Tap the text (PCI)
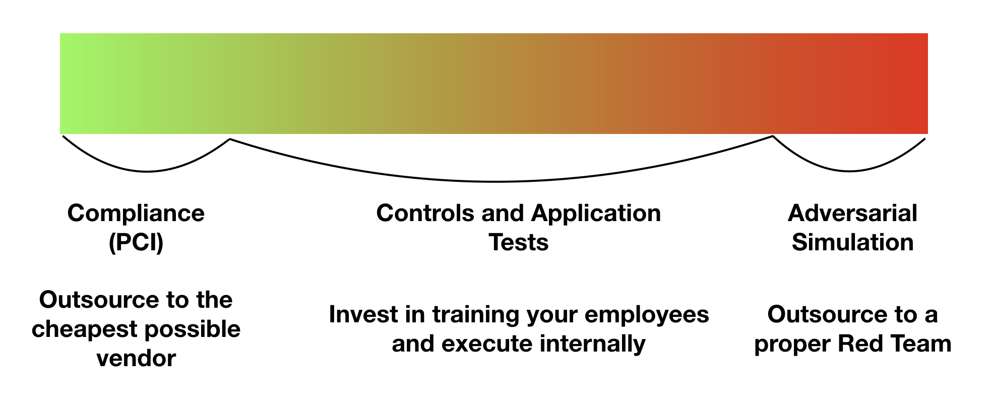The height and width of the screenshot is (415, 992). [x=136, y=243]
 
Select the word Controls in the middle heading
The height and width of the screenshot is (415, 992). [x=426, y=213]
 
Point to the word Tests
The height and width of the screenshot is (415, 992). [x=519, y=242]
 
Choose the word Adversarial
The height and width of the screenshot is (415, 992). [x=852, y=213]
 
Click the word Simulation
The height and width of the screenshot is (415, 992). [x=852, y=242]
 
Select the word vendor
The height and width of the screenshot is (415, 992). [x=136, y=359]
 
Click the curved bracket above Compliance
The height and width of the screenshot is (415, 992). [x=147, y=172]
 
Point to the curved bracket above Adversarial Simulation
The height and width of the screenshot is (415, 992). [x=850, y=171]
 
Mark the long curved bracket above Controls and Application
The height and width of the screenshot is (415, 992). [x=497, y=181]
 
